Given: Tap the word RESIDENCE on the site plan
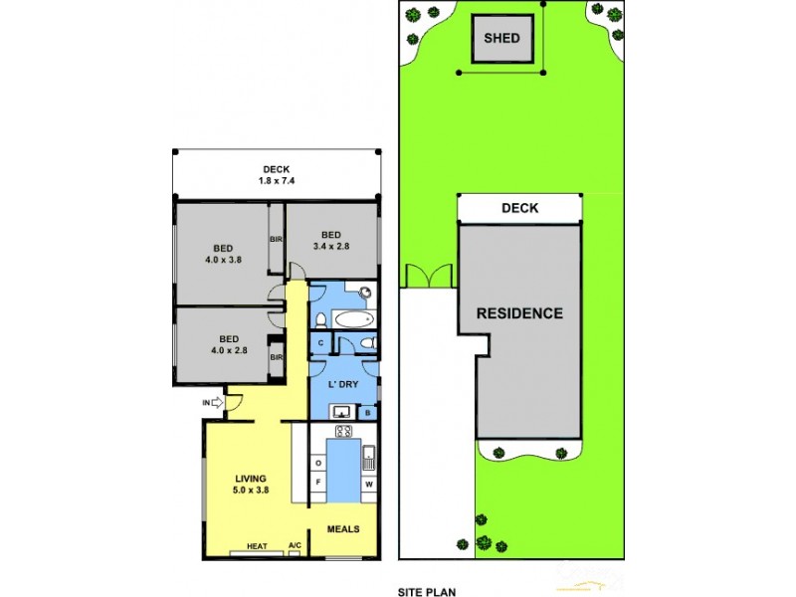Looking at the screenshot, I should point(519,312).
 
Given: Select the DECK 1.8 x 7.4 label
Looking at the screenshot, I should point(277,175).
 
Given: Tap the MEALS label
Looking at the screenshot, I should point(343,528).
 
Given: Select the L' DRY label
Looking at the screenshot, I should point(343,383).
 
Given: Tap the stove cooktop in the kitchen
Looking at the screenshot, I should point(344,432).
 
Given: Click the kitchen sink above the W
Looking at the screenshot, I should point(369,458).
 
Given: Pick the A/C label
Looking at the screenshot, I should point(295,545).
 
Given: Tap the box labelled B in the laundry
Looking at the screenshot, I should point(368,412).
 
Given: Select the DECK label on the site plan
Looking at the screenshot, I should point(519,208).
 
